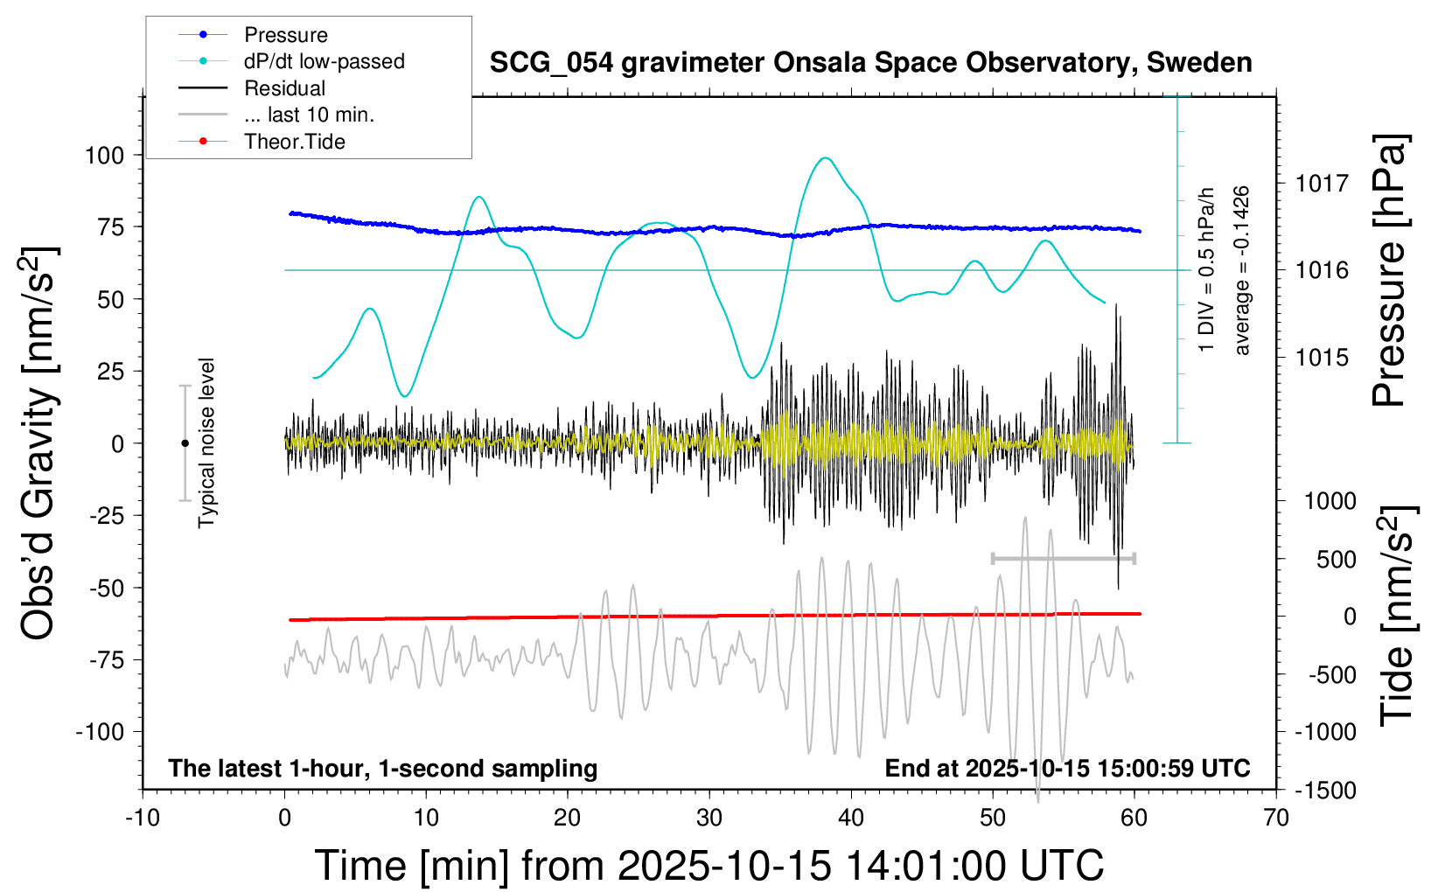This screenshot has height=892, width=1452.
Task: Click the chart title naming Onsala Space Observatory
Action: [870, 63]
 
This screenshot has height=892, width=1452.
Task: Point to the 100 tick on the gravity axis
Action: [105, 156]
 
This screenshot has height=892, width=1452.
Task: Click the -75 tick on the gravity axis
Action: [108, 660]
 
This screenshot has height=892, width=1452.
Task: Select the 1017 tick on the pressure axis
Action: [1322, 184]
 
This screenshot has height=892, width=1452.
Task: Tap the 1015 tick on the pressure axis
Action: [1322, 358]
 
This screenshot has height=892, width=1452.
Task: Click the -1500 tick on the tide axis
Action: [1325, 791]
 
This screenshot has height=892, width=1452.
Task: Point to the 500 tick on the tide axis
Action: [1336, 560]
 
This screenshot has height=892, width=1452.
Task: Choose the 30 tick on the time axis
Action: [709, 819]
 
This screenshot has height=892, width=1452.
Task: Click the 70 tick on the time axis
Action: [1276, 819]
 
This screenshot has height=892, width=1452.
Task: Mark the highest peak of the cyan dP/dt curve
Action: [825, 158]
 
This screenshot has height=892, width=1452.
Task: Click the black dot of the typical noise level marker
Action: [185, 443]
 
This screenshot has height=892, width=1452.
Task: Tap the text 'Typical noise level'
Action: [206, 443]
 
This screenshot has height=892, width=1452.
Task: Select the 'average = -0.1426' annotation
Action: [1241, 270]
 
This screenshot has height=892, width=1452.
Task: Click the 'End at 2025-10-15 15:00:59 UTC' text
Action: [1067, 769]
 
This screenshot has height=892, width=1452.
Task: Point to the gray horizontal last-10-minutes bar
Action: [1063, 558]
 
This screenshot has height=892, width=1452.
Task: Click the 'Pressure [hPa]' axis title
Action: [1389, 270]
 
